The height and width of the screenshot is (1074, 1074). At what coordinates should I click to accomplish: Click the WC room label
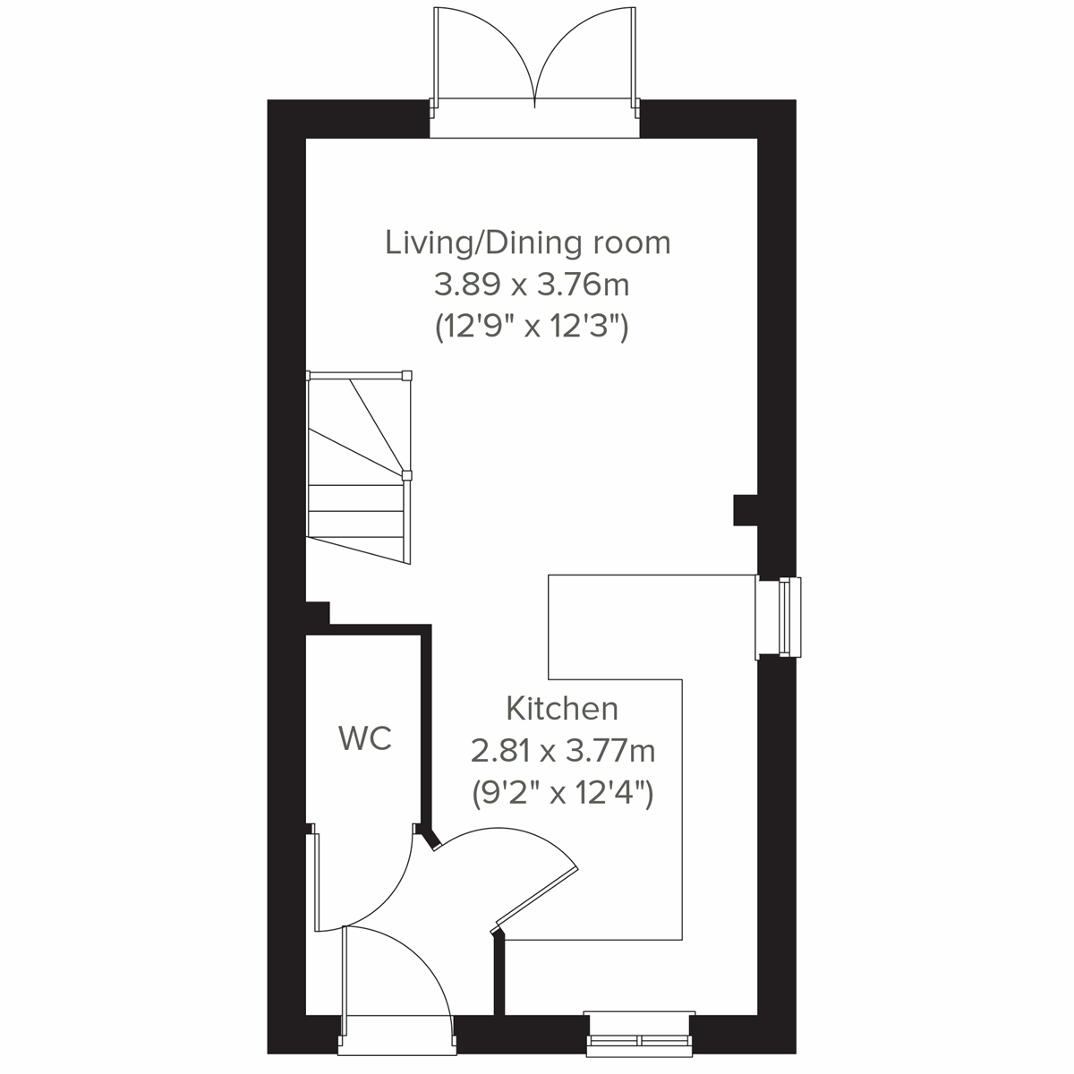(365, 739)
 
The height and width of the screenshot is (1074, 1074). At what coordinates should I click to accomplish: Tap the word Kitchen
(562, 709)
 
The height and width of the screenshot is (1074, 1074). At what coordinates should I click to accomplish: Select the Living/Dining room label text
(528, 243)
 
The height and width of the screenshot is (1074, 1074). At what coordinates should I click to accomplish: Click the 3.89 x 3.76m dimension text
(532, 286)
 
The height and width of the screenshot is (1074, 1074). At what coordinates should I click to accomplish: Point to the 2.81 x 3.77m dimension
(563, 751)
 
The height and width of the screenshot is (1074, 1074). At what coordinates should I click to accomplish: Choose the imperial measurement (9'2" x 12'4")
(563, 793)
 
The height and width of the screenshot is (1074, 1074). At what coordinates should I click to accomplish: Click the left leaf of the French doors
(483, 54)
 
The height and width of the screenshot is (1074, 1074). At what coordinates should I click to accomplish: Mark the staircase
(358, 470)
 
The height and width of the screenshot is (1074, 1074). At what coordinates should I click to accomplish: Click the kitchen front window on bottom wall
(639, 1030)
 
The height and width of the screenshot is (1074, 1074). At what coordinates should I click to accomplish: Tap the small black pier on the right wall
(746, 510)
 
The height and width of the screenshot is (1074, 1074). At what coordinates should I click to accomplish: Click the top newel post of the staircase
(407, 376)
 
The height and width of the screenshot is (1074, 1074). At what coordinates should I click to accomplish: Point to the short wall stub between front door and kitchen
(499, 976)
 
